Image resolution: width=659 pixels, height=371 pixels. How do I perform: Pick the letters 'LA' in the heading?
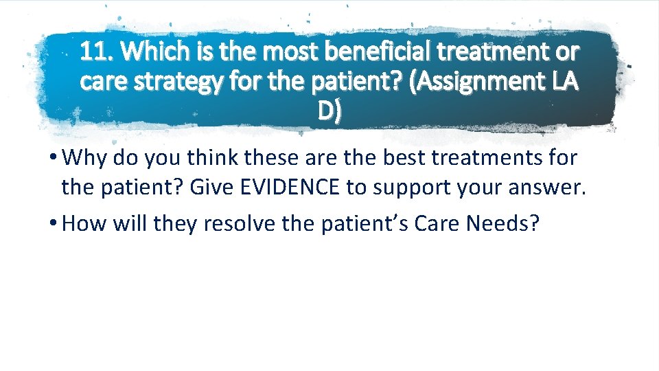click(x=562, y=81)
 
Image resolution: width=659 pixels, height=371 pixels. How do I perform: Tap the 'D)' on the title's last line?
click(x=329, y=111)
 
